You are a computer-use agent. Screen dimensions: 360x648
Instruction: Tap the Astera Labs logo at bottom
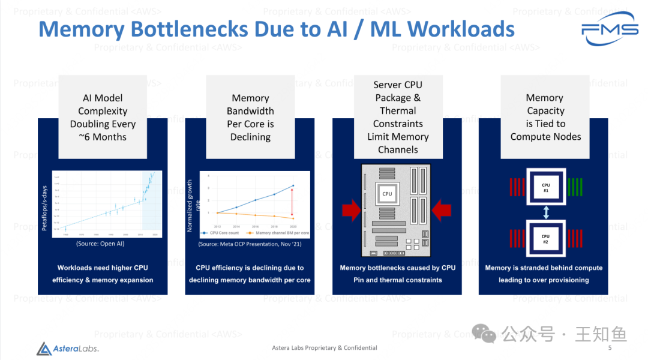click(67, 349)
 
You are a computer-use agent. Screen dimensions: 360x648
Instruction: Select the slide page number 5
click(610, 348)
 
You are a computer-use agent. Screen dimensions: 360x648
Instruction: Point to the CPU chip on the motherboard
click(387, 193)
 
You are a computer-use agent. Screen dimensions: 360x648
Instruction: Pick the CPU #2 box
click(545, 239)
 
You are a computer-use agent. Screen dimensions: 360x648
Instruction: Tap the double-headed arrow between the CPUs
click(545, 213)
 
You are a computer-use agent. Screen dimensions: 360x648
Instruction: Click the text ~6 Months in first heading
click(103, 137)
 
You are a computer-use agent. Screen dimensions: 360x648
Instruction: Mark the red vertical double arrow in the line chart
click(292, 202)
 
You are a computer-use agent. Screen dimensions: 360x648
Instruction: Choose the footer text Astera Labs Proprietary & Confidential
click(325, 348)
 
